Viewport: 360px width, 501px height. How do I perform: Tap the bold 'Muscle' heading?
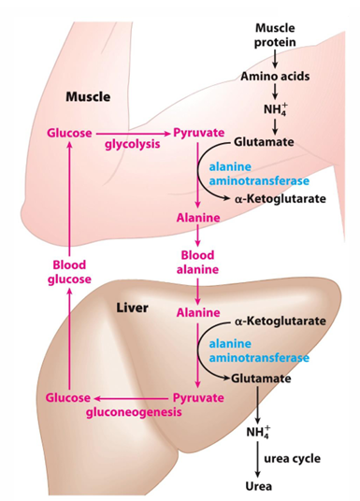(89, 96)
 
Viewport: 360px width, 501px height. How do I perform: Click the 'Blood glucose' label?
(69, 271)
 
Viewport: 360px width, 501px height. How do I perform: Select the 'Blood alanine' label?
(198, 261)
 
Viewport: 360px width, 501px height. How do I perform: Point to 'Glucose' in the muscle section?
(68, 134)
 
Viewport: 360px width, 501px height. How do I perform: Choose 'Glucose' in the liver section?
(68, 397)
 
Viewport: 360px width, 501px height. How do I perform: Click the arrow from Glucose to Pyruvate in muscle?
(132, 134)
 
